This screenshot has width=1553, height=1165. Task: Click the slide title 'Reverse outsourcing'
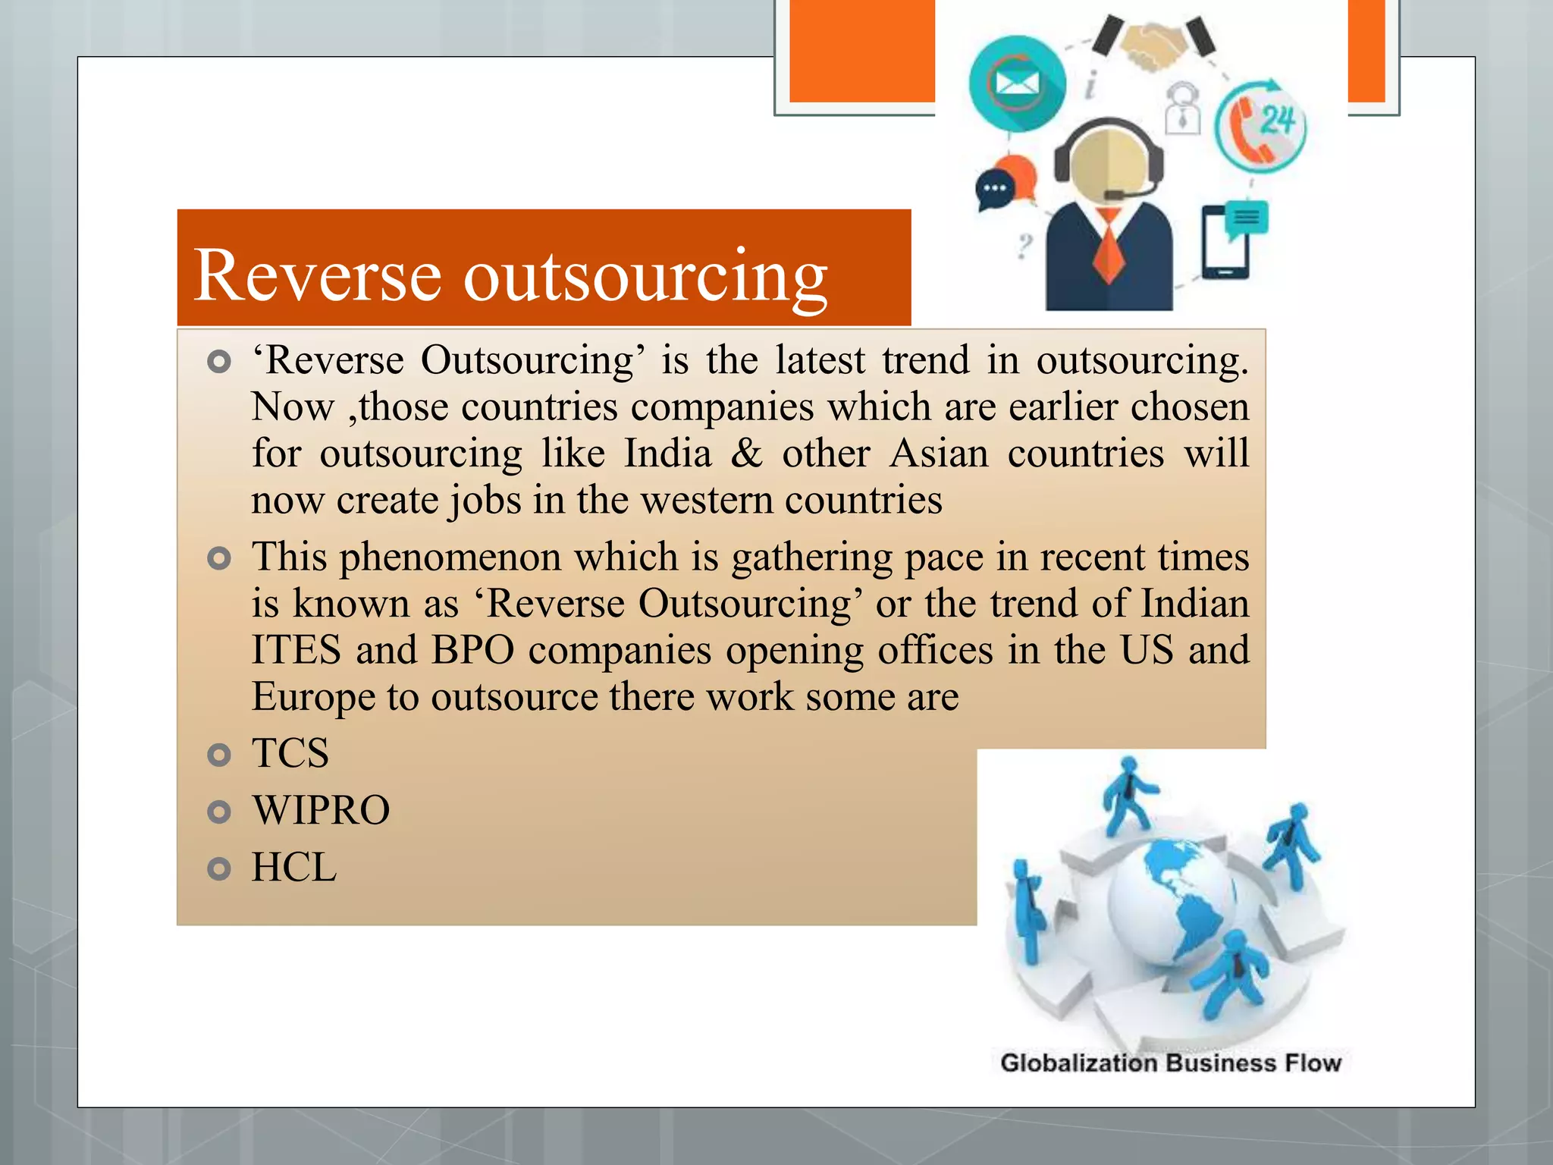pyautogui.click(x=510, y=275)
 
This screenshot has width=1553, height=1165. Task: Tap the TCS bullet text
pyautogui.click(x=290, y=754)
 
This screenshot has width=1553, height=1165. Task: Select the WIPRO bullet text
pyautogui.click(x=321, y=811)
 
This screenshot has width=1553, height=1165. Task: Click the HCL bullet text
pyautogui.click(x=294, y=868)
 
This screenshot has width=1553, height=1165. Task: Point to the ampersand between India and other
pyautogui.click(x=746, y=454)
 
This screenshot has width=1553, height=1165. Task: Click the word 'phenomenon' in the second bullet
pyautogui.click(x=450, y=557)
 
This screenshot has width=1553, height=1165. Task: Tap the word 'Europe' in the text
pyautogui.click(x=312, y=697)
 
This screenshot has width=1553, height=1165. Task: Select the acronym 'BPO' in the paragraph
pyautogui.click(x=472, y=651)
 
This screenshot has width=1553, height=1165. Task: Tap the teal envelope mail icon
pyautogui.click(x=1017, y=84)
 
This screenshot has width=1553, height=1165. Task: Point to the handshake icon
pyautogui.click(x=1153, y=45)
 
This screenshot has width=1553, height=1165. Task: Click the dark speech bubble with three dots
pyautogui.click(x=994, y=189)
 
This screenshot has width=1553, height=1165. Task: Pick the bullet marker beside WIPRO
pyautogui.click(x=218, y=812)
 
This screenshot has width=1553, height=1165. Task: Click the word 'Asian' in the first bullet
pyautogui.click(x=940, y=454)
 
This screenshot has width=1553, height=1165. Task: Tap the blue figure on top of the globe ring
pyautogui.click(x=1128, y=793)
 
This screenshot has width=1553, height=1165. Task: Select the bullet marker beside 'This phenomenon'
pyautogui.click(x=218, y=559)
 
